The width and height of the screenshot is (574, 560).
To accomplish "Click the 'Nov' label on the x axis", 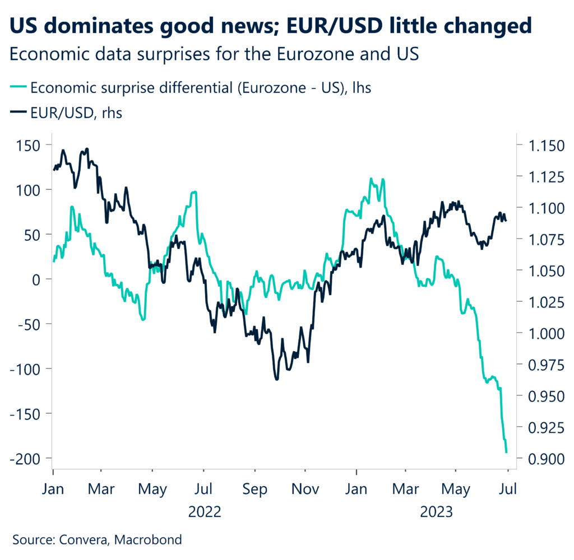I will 306,488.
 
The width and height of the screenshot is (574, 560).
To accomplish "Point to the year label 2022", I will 205,511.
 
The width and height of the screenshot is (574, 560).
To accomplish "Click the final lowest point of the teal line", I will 507,452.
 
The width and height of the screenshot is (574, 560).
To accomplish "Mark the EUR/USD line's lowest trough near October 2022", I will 277,380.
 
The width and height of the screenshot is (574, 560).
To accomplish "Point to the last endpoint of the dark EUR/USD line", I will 506,220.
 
